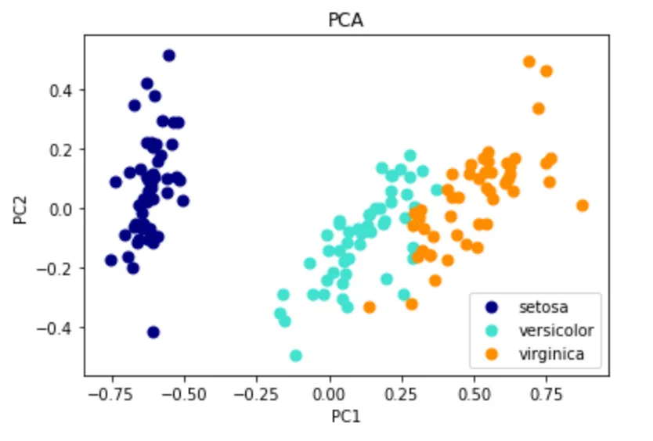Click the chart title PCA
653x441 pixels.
(x=345, y=21)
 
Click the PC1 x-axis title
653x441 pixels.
(x=345, y=416)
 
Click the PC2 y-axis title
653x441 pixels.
(x=21, y=208)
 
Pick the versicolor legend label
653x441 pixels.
(x=556, y=329)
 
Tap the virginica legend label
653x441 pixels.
(x=551, y=354)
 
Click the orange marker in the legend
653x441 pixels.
(x=492, y=354)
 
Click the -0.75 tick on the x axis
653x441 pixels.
(x=112, y=390)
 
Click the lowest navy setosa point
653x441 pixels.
(x=153, y=332)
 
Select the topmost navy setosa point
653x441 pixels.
(x=168, y=56)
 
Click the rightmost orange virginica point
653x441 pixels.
(x=582, y=206)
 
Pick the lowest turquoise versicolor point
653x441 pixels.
(x=296, y=356)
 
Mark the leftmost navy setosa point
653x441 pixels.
(x=111, y=260)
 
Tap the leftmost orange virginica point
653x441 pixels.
(x=370, y=307)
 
